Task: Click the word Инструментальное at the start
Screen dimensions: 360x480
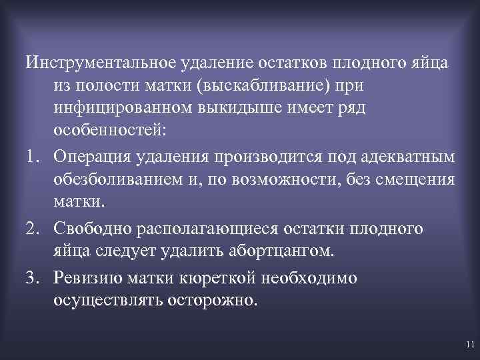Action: click(100, 63)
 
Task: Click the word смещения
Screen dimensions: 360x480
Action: click(415, 179)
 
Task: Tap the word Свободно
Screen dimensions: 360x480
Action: click(95, 228)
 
